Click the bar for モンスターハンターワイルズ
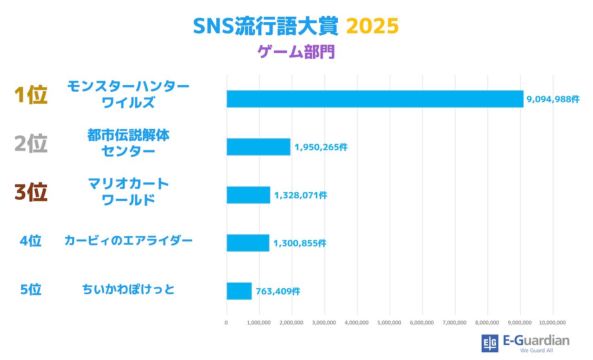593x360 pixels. pos(375,99)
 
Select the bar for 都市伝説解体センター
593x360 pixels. pos(259,147)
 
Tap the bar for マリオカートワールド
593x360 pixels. pos(248,195)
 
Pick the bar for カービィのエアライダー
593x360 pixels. pos(248,243)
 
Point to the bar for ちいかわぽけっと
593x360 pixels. pos(239,291)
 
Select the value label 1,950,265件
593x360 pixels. pos(321,147)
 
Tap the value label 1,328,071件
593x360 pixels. pos(301,196)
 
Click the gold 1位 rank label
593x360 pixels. pos(31,95)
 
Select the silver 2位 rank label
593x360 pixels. pos(31,144)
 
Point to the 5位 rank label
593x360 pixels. pos(31,290)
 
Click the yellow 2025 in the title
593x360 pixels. pos(372,26)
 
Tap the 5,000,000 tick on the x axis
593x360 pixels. pos(390,322)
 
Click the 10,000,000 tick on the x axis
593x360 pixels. pos(553,322)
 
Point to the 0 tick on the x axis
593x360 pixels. pos(226,322)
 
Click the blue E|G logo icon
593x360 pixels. pos(490,343)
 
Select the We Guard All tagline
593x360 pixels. pos(537,350)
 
